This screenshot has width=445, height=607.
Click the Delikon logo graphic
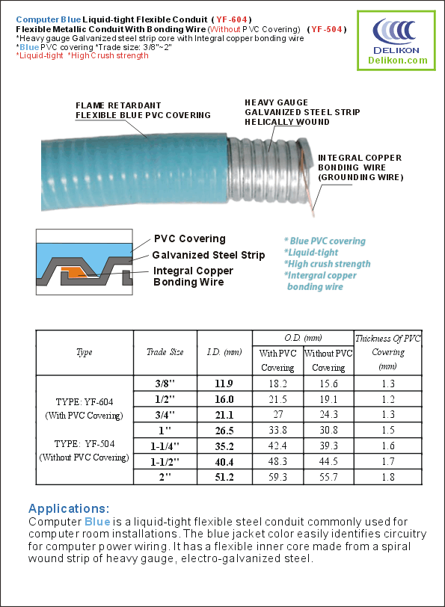pyautogui.click(x=396, y=34)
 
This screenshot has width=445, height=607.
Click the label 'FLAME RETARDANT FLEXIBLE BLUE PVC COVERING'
pyautogui.click(x=143, y=111)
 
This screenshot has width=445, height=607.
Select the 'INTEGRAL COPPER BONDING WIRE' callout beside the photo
pyautogui.click(x=360, y=167)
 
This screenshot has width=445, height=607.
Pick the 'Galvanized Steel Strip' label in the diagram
pyautogui.click(x=209, y=255)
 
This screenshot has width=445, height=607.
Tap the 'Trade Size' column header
pyautogui.click(x=165, y=352)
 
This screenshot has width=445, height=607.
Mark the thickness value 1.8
pyautogui.click(x=388, y=476)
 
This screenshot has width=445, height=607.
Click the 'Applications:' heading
pyautogui.click(x=69, y=508)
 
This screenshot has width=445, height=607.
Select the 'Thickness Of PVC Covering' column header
pyautogui.click(x=388, y=352)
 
